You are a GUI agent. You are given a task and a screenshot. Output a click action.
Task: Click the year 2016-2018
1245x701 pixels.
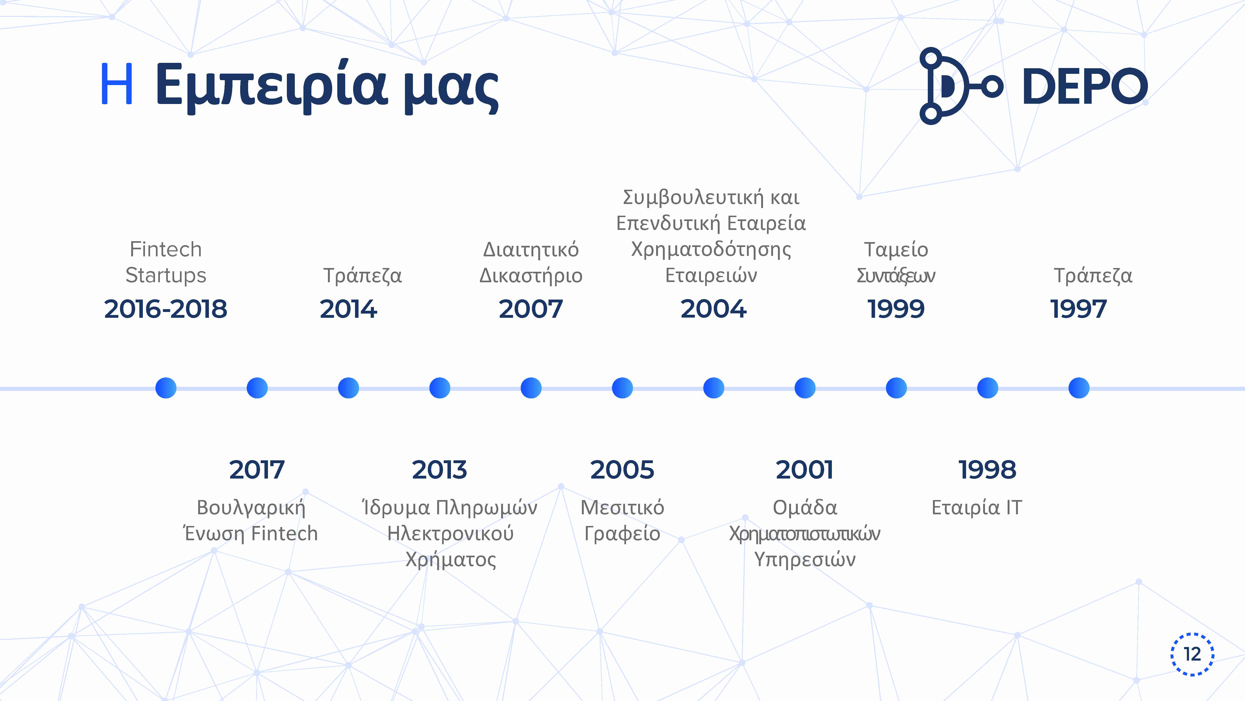pos(166,309)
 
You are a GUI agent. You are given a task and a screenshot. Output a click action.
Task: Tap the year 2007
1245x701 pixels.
pos(531,309)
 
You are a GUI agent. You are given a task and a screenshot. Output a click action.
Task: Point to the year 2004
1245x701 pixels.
pos(713,309)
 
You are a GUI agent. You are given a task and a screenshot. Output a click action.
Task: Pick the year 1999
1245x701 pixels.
pos(896,309)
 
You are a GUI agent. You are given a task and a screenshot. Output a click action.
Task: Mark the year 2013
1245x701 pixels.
pos(439,470)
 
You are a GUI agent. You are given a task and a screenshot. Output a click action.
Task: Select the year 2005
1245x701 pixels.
pos(622,470)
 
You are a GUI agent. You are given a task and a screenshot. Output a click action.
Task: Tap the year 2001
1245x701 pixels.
pos(805,470)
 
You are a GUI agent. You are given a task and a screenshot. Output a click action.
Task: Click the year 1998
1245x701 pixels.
pos(987,470)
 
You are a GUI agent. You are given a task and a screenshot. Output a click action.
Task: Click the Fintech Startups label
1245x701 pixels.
pos(166,262)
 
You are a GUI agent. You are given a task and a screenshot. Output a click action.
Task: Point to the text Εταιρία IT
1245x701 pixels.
pos(977,508)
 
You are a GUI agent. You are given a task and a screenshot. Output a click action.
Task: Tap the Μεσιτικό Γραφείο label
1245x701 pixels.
pos(622,521)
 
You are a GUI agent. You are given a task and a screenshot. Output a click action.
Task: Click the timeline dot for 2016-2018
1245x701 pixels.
pos(166,388)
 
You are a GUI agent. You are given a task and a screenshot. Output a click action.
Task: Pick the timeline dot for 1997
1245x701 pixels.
pos(1079,388)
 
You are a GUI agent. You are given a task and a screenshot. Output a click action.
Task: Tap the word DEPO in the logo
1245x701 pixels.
pos(1085,86)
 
